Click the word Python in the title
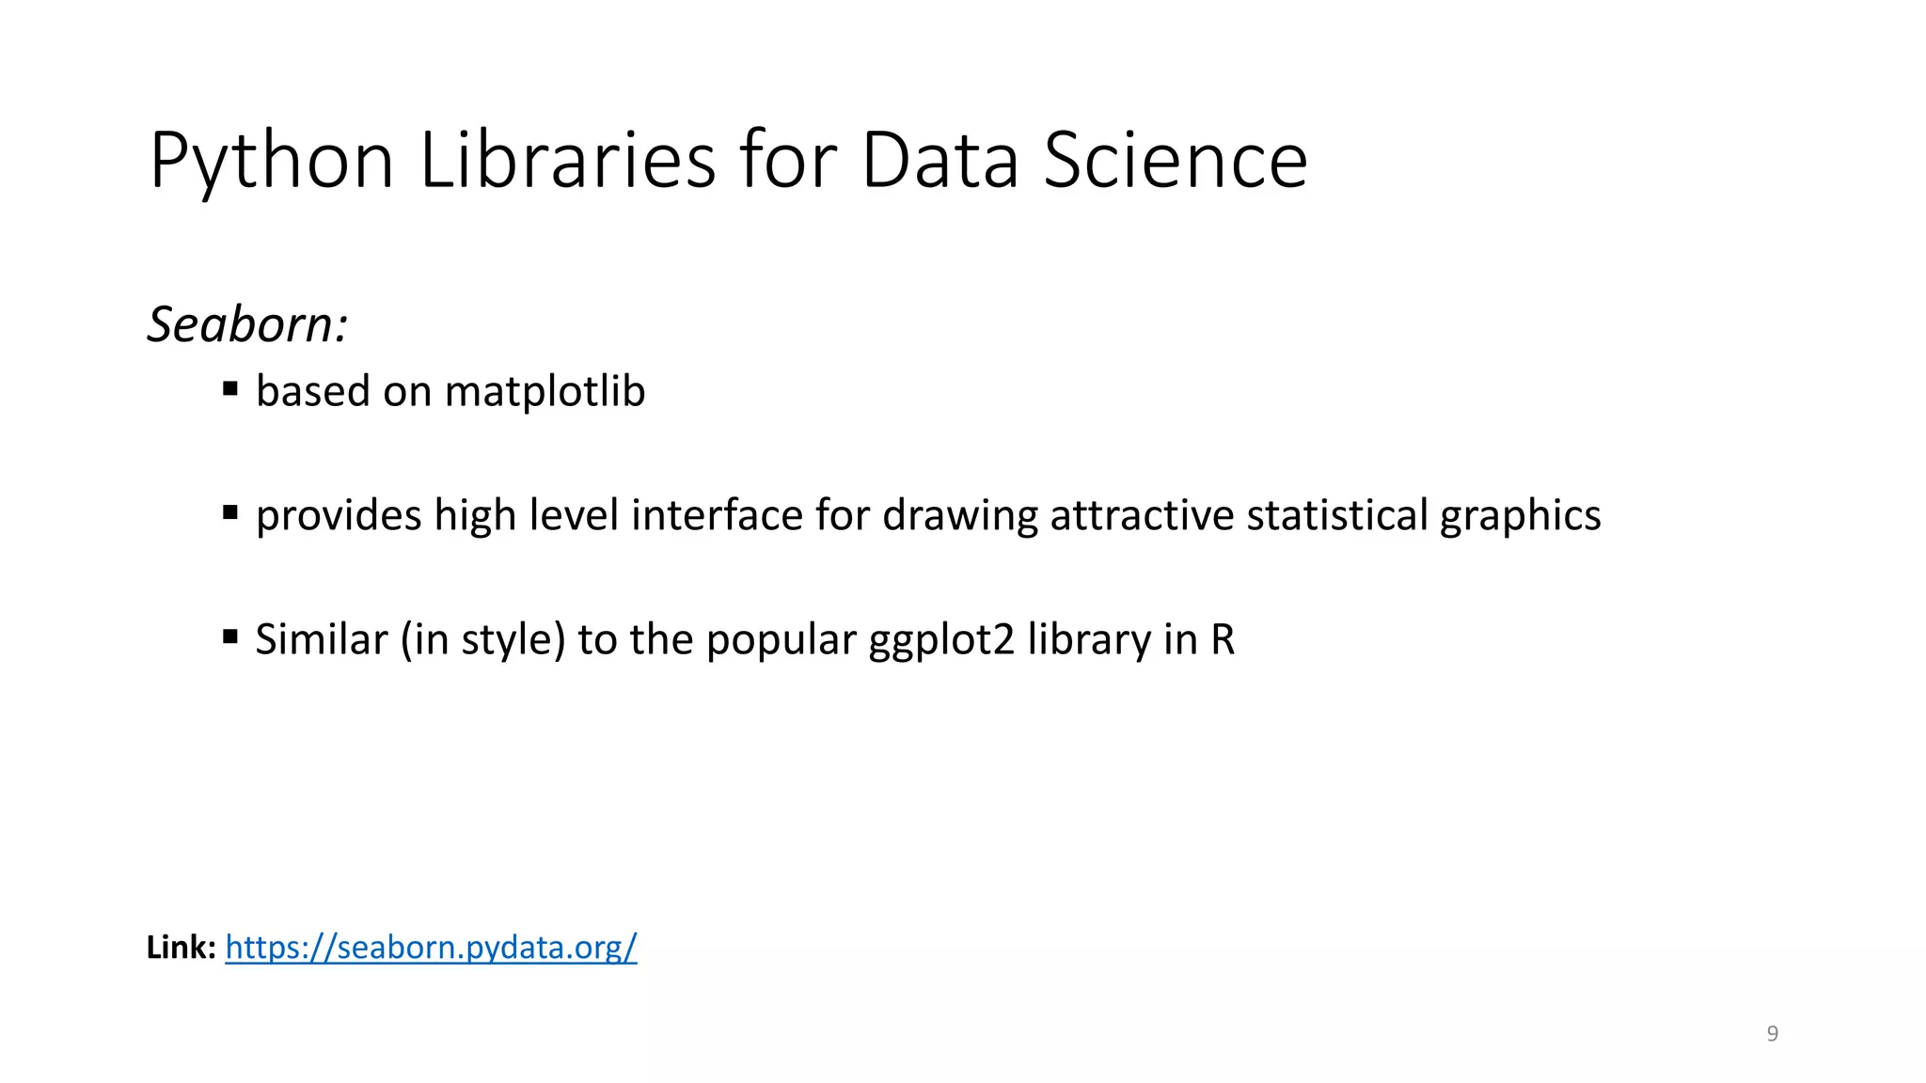pyautogui.click(x=271, y=162)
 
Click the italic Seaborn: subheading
pyautogui.click(x=248, y=324)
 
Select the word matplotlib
pyautogui.click(x=545, y=391)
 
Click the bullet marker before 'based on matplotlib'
pyautogui.click(x=230, y=388)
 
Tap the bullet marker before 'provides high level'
pyautogui.click(x=230, y=512)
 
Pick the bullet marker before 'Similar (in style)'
pyautogui.click(x=230, y=636)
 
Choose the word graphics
pyautogui.click(x=1520, y=517)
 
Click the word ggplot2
pyautogui.click(x=941, y=641)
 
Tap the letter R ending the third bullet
pyautogui.click(x=1222, y=639)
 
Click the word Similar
pyautogui.click(x=321, y=639)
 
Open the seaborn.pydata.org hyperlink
pyautogui.click(x=431, y=947)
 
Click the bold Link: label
pyautogui.click(x=182, y=947)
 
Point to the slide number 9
pyautogui.click(x=1773, y=1033)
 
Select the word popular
pyautogui.click(x=781, y=641)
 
